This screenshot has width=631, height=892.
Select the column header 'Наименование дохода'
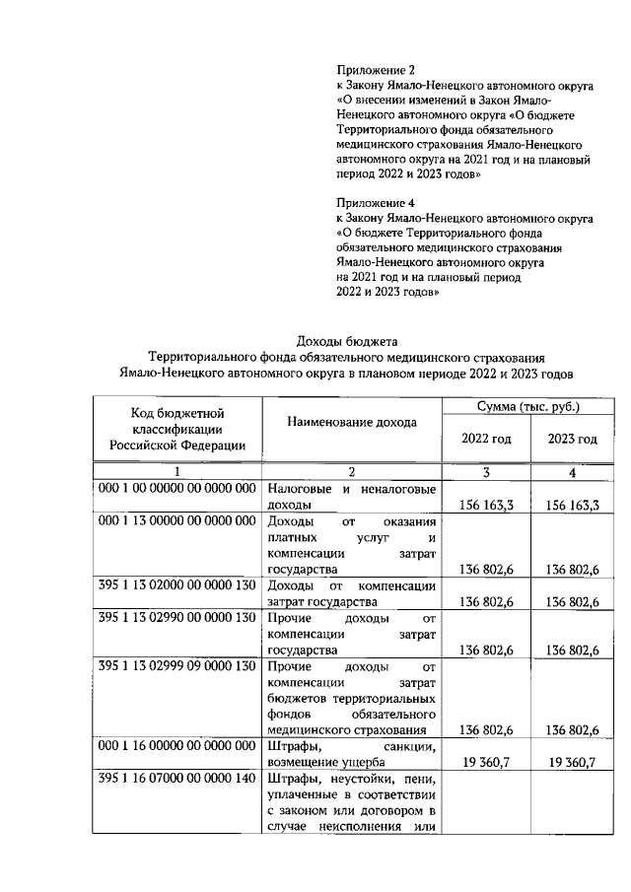click(x=352, y=422)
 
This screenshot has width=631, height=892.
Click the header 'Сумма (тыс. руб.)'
click(x=527, y=406)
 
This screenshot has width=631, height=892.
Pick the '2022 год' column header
click(x=487, y=439)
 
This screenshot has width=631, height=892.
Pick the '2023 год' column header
click(x=573, y=439)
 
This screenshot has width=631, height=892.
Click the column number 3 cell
click(x=487, y=472)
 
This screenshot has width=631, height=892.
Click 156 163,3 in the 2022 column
click(x=487, y=506)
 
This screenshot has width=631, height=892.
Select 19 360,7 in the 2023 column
click(x=573, y=762)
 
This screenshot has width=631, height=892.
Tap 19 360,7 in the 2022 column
click(x=487, y=762)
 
